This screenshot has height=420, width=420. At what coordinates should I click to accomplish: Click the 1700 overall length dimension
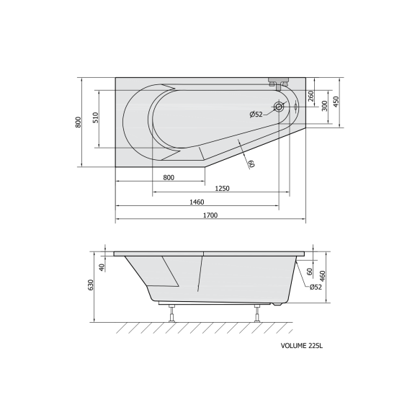[x=210, y=215]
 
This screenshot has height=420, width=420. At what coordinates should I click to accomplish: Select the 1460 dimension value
[x=197, y=202]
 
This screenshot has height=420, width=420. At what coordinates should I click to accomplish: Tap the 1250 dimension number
[x=223, y=189]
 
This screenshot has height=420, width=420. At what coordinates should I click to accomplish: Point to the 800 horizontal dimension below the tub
[x=169, y=178]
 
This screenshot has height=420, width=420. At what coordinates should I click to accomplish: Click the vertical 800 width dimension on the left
[x=78, y=122]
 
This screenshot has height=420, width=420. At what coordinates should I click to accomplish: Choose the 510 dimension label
[x=96, y=117]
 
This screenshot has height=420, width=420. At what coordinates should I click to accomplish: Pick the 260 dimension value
[x=310, y=96]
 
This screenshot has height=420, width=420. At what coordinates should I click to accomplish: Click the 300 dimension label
[x=324, y=106]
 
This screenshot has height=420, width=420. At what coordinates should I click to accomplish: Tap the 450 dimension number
[x=336, y=102]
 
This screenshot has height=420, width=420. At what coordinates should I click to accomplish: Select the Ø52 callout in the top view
[x=256, y=115]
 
